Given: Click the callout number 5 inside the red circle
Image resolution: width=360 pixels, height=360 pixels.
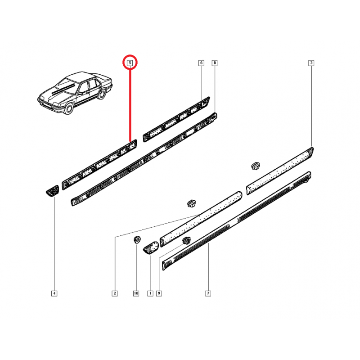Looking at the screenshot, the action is point(130,63).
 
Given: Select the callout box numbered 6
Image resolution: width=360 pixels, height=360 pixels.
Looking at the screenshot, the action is point(201,63).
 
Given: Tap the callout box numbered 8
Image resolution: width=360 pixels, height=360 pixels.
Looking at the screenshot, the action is point(215,63).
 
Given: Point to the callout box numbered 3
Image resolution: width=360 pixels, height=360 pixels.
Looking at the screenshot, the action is point(311,63).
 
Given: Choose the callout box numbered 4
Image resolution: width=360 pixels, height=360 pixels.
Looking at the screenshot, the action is point(54,293).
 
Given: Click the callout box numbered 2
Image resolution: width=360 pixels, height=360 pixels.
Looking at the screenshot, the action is point(115,293).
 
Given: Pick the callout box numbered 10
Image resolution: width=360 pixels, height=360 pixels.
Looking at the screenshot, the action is point(136,293).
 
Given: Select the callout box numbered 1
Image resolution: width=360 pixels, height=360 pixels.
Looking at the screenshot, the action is point(150,293).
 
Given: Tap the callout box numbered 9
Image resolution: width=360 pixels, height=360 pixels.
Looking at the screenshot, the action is point(159,293).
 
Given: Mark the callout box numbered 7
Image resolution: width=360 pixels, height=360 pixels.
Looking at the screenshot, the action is point(208,293).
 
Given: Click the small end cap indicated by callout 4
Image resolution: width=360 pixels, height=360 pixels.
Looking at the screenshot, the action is point(53,191).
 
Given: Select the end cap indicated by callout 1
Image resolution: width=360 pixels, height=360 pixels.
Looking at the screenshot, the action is point(151,247).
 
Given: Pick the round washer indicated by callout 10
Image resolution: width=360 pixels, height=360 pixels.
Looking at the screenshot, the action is point(137,240).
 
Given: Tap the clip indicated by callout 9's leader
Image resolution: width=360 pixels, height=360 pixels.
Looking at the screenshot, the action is point(186,241).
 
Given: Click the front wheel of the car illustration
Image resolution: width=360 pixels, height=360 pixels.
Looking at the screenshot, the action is point(69,108).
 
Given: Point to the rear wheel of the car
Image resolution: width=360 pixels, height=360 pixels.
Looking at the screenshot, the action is point(101,94).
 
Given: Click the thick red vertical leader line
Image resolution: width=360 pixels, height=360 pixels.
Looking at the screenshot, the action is point(130,105).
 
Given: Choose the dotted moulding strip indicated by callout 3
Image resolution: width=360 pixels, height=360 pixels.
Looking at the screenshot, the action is point(280,171).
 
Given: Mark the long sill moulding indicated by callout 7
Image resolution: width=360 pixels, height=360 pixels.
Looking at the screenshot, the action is point(237,221).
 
